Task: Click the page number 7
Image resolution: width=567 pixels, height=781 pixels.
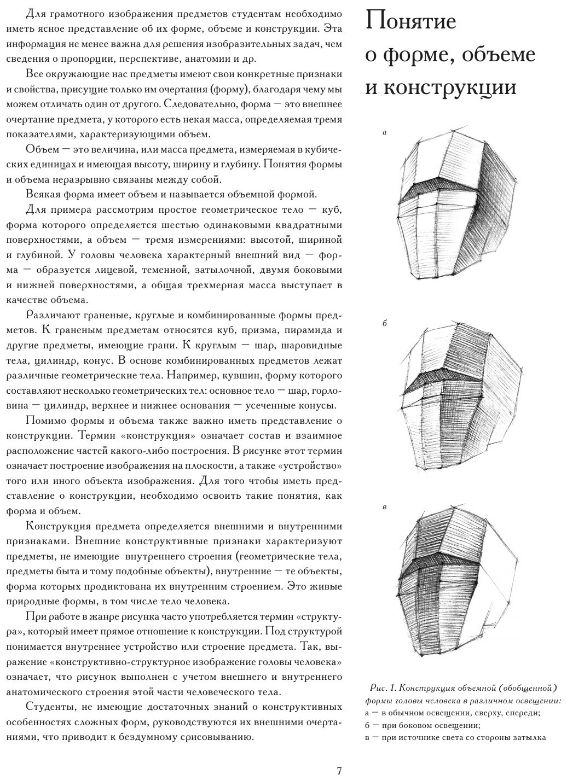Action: pyautogui.click(x=339, y=770)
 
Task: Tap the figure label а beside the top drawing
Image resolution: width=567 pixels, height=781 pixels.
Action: pyautogui.click(x=385, y=132)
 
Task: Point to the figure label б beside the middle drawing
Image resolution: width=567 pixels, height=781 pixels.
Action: pyautogui.click(x=385, y=323)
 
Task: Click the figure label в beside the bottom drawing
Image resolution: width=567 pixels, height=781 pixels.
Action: pyautogui.click(x=385, y=507)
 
